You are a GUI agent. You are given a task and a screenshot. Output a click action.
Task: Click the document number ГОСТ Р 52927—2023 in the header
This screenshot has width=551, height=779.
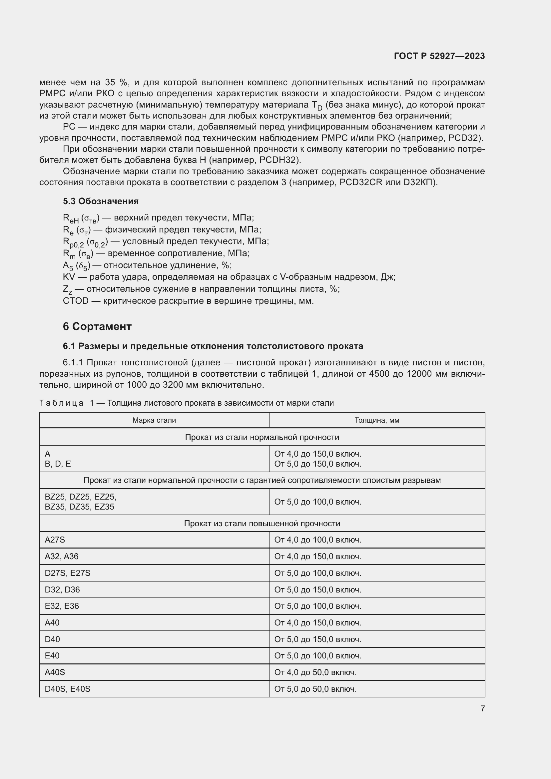(439, 56)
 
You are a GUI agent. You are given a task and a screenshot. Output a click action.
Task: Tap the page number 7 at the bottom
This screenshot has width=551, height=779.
(482, 708)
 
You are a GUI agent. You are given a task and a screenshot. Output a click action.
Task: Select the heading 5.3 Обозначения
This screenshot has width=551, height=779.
(101, 201)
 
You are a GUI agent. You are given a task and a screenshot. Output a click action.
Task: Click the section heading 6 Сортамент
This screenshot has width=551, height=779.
(97, 326)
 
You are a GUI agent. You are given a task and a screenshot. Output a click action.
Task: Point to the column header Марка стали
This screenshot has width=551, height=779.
(154, 420)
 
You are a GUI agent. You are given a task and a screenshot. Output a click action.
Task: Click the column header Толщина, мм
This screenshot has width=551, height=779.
(377, 420)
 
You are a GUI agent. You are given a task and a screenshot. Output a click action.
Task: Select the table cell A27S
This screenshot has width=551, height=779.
(55, 540)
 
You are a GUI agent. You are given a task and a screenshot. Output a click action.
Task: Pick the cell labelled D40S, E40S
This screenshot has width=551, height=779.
(68, 689)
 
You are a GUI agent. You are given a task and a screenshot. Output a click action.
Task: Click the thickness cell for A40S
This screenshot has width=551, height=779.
(315, 672)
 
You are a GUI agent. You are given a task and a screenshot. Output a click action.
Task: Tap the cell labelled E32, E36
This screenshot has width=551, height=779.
(62, 606)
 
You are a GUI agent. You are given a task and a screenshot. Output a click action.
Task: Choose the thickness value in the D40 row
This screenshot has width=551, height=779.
(317, 639)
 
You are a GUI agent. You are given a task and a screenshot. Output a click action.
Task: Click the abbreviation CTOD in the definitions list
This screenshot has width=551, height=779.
(76, 301)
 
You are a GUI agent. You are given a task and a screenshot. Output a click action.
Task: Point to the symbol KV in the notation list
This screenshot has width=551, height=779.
(69, 277)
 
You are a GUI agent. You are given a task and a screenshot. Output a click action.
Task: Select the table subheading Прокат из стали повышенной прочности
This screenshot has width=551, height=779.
(262, 523)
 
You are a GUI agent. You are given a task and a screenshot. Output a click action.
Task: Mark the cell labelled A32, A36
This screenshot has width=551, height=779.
(61, 557)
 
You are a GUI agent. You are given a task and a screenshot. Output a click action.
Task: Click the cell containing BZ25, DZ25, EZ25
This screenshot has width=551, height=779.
(80, 497)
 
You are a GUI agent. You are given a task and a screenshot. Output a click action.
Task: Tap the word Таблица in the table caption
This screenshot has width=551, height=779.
(61, 403)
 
